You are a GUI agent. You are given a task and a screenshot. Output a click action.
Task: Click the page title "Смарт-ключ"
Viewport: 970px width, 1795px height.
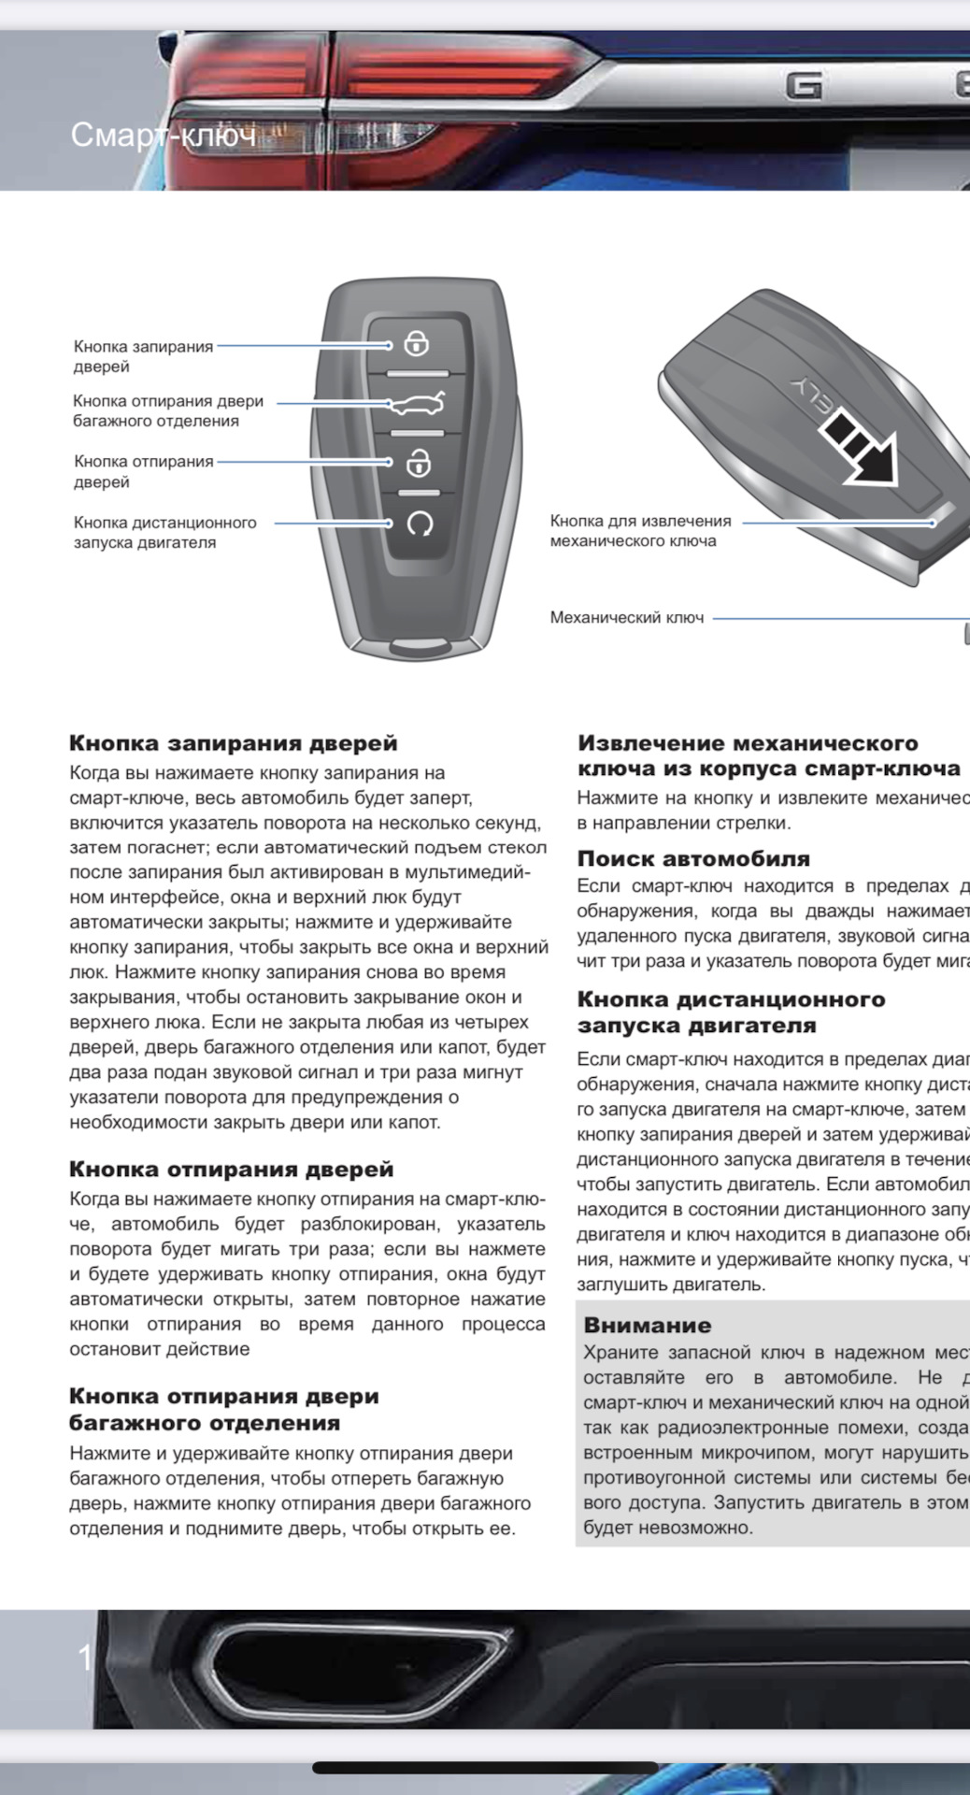pos(164,136)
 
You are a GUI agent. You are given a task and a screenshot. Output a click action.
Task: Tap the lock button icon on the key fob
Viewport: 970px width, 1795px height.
pos(417,344)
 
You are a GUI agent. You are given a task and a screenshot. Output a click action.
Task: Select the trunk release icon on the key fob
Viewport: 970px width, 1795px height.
pos(418,404)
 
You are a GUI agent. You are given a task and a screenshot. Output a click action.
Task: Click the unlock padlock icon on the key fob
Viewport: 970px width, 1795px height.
pos(418,463)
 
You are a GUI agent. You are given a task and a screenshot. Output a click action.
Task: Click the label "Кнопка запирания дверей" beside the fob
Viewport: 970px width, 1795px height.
pos(143,356)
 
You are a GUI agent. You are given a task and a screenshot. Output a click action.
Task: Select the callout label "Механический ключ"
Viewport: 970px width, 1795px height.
pos(626,618)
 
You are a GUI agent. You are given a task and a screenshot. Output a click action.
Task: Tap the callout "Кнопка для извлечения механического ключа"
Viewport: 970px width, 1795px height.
pos(640,531)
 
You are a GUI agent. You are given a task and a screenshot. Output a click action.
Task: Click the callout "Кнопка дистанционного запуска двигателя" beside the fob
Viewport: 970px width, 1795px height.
pos(164,533)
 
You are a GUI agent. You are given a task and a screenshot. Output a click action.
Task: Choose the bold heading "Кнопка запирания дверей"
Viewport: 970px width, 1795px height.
pos(233,743)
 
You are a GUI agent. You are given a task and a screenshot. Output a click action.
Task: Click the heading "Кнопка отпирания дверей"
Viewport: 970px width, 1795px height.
pos(231,1170)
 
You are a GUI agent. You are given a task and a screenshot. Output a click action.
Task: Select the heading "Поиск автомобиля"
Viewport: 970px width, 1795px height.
pos(693,859)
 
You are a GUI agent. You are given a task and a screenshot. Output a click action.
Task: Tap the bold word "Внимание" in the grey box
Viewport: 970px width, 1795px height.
pos(647,1325)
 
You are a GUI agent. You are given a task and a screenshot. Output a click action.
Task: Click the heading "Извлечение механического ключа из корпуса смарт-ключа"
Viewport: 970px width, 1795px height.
pos(768,755)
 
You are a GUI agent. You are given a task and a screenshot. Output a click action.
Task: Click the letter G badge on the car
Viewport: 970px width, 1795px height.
pos(804,86)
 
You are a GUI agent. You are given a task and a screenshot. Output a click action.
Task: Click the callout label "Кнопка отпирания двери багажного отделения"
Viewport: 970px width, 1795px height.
pos(168,411)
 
